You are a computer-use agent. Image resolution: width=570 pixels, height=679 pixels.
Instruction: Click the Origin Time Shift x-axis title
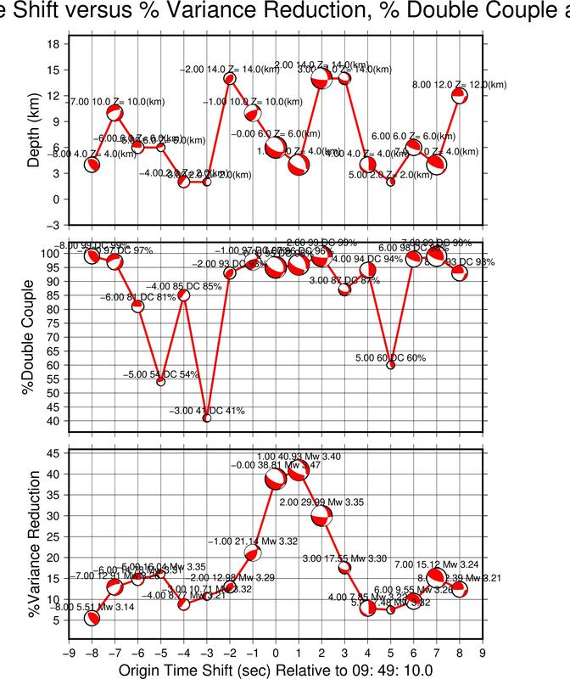click(x=276, y=671)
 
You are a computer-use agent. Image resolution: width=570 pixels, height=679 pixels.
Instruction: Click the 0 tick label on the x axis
click(x=275, y=653)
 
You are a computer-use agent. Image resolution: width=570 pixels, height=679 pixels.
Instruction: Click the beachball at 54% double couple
click(x=160, y=382)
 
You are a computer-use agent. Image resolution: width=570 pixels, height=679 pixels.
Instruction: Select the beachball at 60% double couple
click(x=391, y=365)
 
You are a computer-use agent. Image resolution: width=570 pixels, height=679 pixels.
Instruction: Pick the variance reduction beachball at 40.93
click(x=298, y=470)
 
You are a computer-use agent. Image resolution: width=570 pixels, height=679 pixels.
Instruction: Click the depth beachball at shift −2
click(x=229, y=78)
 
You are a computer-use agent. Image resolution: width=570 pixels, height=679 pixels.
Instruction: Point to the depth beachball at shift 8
click(x=459, y=95)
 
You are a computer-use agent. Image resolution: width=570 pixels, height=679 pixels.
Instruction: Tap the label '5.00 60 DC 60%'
click(x=391, y=357)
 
